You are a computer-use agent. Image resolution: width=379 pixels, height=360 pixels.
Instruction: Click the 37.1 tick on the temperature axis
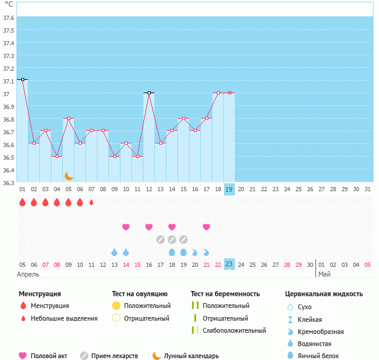pos(8,81)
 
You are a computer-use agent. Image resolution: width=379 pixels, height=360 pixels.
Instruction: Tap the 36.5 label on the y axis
pos(8,157)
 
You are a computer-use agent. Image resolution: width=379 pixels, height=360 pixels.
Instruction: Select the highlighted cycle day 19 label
pos(229,189)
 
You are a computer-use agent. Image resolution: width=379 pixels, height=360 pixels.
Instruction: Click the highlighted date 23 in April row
pos(229,264)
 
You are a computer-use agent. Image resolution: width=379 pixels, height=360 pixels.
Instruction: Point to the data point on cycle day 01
pos(22,79)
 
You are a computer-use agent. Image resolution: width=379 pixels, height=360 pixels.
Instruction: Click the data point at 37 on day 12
pos(149,93)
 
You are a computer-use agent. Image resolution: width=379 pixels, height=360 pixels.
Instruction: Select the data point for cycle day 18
pos(218,93)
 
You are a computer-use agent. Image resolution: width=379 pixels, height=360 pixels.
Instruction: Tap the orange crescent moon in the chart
pos(69,175)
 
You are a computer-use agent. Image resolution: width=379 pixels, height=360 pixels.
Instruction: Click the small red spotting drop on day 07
pos(91,202)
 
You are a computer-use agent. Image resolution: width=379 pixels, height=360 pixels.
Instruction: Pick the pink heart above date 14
pos(126,227)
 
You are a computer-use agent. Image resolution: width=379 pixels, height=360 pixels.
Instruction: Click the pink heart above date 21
pos(206,227)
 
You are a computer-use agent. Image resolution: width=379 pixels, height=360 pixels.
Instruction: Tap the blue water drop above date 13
pos(114,252)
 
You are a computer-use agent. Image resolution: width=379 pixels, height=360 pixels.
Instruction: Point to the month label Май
pos(324,274)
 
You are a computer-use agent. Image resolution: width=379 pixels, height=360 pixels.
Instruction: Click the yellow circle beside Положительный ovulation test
pos(116,306)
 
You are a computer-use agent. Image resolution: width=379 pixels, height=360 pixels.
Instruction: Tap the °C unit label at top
pos(8,4)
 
